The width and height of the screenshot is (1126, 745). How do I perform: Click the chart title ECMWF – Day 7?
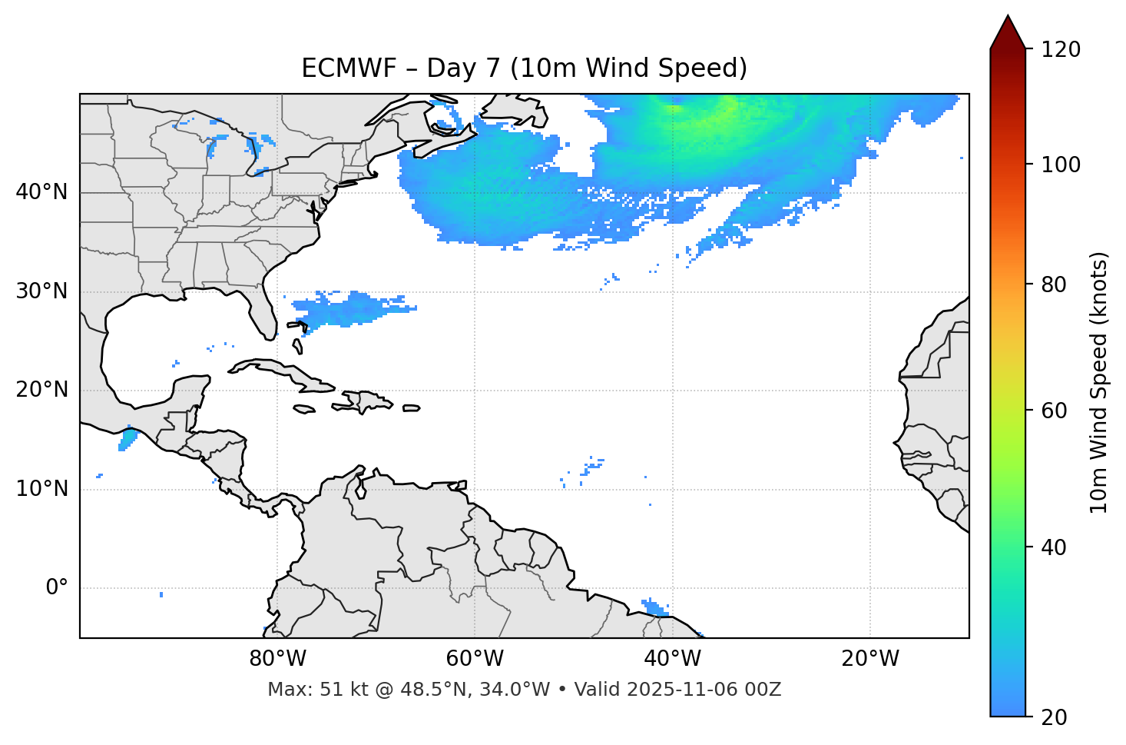click(x=524, y=68)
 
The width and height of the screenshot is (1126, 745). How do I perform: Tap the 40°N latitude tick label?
click(x=41, y=192)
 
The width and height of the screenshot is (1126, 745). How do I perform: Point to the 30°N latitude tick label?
click(x=41, y=291)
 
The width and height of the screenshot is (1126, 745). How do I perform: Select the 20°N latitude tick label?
click(x=41, y=390)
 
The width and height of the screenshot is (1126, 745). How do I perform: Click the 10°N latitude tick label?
click(x=41, y=489)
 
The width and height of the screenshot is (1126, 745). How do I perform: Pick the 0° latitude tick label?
click(x=57, y=588)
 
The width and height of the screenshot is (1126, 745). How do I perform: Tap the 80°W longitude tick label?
click(x=277, y=659)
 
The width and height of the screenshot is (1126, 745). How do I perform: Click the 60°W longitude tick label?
click(x=475, y=659)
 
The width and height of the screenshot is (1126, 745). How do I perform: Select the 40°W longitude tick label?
click(x=672, y=659)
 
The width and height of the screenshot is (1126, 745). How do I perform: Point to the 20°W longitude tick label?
click(x=869, y=659)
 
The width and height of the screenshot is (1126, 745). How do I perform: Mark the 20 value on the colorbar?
click(x=1055, y=717)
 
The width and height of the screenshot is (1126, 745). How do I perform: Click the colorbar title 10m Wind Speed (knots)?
click(x=1099, y=383)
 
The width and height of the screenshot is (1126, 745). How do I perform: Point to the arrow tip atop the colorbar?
click(x=1008, y=16)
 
